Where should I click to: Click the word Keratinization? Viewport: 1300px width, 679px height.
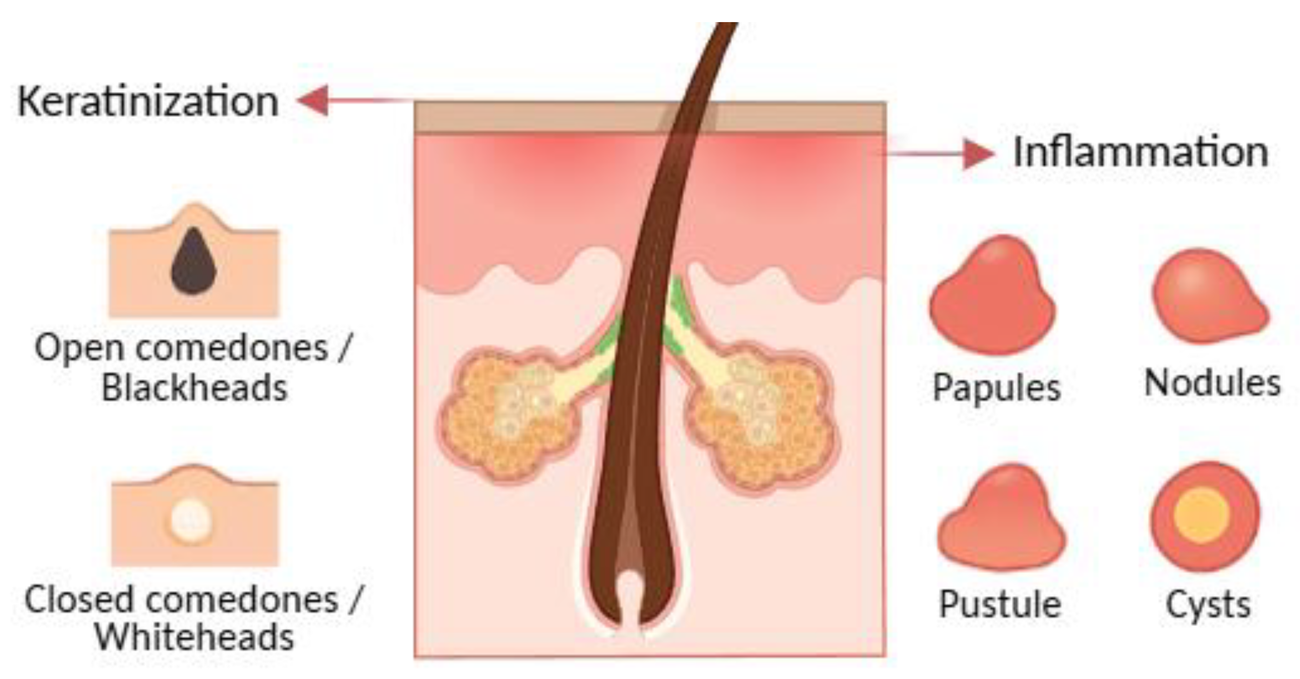(x=148, y=102)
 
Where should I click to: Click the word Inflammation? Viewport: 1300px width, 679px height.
(x=1140, y=152)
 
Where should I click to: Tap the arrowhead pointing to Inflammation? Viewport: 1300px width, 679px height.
(x=978, y=153)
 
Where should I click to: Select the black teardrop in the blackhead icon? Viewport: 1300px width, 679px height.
(x=194, y=263)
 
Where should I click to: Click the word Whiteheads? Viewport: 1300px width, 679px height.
(x=194, y=637)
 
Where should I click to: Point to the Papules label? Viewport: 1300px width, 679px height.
(x=997, y=388)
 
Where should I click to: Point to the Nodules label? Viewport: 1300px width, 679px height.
(x=1212, y=383)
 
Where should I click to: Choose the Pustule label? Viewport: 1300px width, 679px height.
(x=1000, y=604)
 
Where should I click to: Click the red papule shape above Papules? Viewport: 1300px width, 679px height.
(x=992, y=298)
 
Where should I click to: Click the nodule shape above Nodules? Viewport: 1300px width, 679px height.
(x=1208, y=298)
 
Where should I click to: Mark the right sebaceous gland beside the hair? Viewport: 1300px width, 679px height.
(x=762, y=416)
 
